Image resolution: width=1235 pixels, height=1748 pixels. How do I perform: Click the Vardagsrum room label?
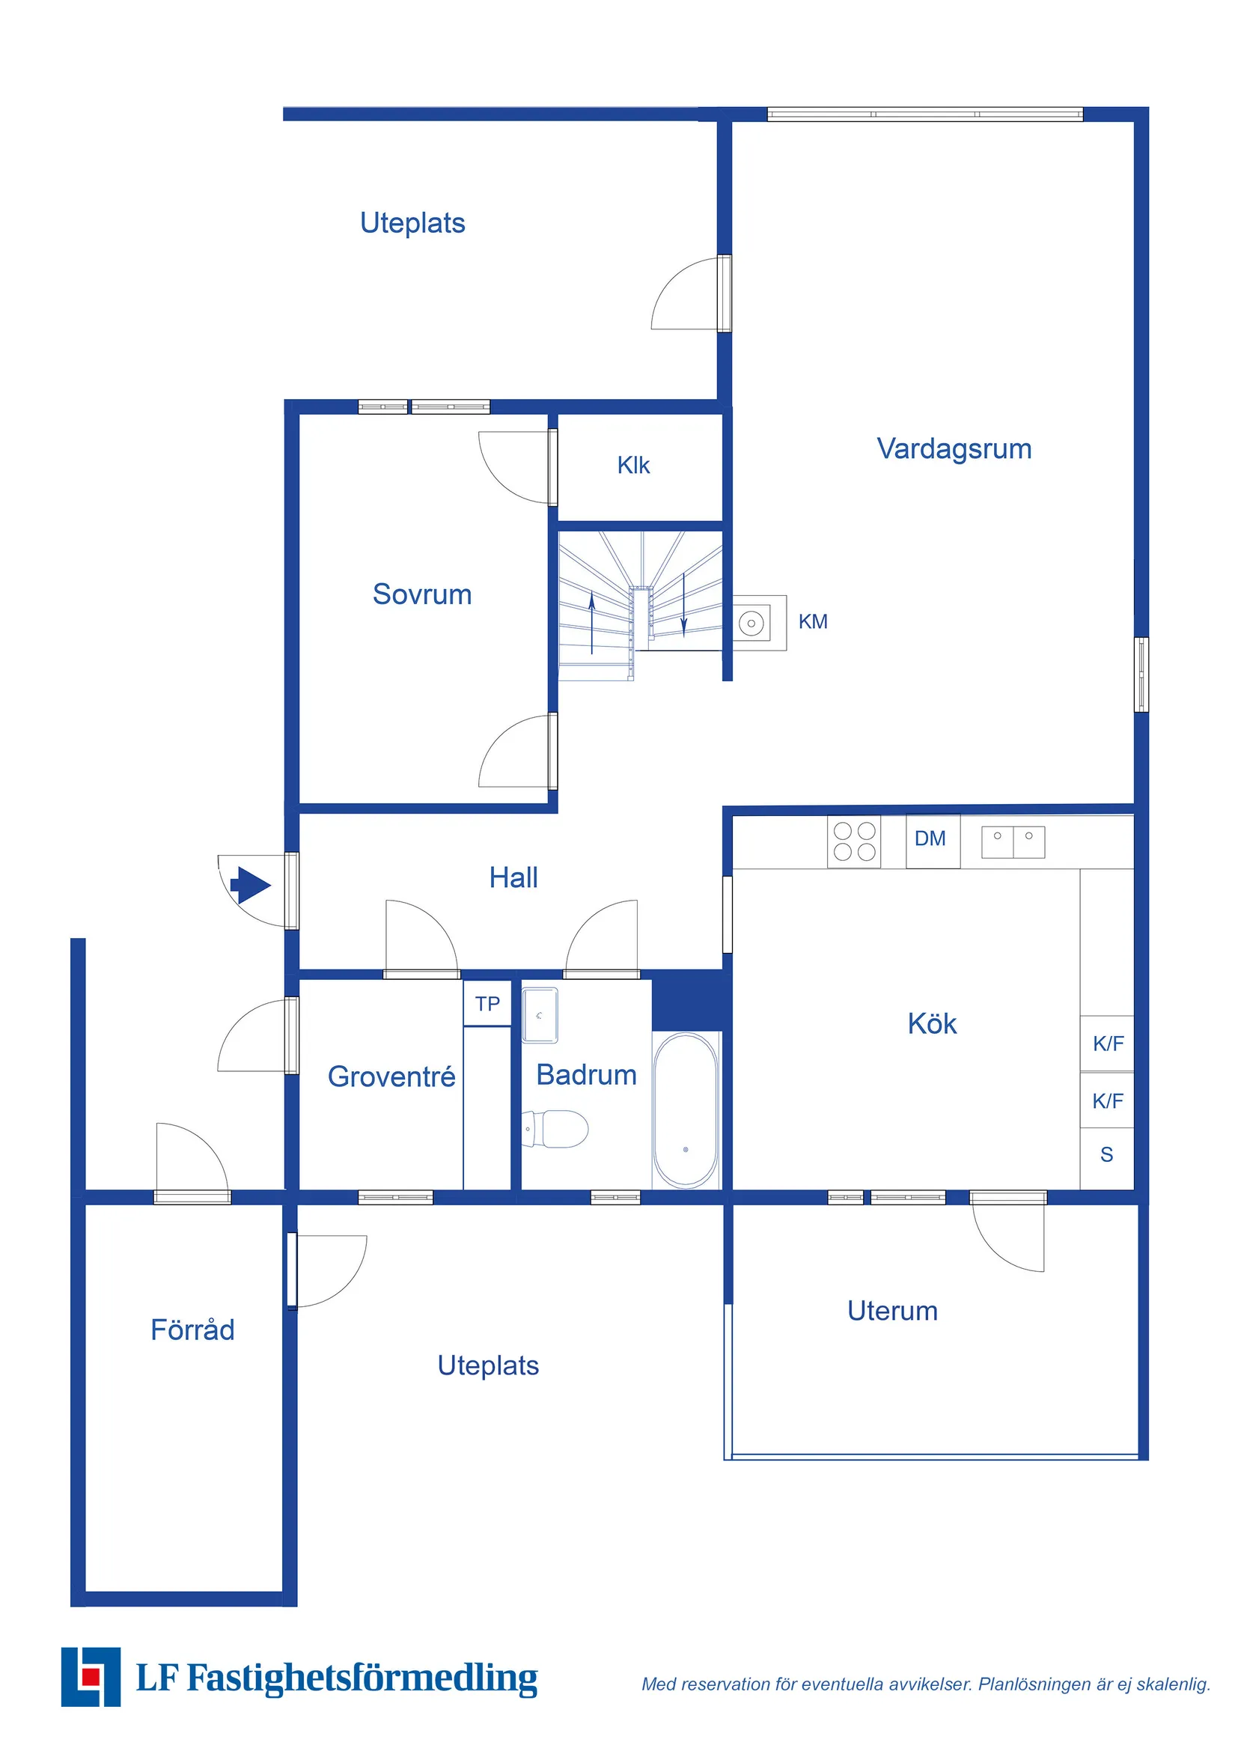coord(954,449)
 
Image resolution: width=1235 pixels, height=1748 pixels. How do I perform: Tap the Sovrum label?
coord(422,594)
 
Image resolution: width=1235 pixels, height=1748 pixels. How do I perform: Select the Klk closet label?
coord(633,465)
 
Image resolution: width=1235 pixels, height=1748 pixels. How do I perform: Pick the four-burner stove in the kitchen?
coord(853,841)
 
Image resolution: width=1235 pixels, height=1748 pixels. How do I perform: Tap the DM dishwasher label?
coord(930,838)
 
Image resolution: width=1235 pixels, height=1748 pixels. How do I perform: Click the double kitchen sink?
coord(1013,842)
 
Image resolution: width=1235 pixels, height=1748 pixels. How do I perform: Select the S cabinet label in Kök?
coord(1106,1155)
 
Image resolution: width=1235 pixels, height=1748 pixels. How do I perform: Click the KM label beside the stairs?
coord(812,622)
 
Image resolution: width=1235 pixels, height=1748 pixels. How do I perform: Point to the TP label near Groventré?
coord(487,1004)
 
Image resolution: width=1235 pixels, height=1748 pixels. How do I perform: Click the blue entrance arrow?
coord(251,885)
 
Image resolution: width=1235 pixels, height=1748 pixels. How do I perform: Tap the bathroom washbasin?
coord(540,1015)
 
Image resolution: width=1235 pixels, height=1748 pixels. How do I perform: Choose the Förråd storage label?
coord(192,1330)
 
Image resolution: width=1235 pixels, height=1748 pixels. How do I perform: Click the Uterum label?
coord(892,1311)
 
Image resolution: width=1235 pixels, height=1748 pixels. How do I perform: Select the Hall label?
coord(513,878)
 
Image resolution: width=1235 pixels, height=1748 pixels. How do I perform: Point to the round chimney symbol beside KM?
coord(751,624)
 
